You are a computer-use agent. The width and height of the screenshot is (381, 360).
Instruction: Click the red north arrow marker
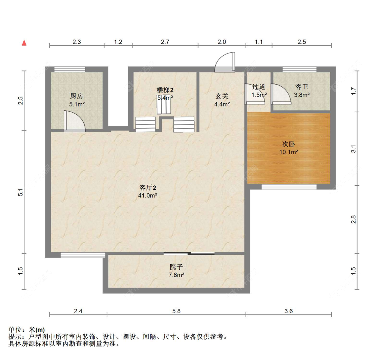point(24,43)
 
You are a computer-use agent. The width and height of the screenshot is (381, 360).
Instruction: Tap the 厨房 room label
point(77,96)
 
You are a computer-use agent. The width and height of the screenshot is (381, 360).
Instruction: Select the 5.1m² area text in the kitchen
point(77,104)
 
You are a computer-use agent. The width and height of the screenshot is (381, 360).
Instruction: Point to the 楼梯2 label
point(165,90)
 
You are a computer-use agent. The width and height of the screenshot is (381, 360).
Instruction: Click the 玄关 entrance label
point(222,96)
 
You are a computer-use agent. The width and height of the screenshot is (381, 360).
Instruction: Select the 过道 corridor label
point(259,87)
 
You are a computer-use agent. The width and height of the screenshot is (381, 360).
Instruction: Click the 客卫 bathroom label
point(301,87)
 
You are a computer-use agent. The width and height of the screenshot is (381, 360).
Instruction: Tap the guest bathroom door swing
point(280,94)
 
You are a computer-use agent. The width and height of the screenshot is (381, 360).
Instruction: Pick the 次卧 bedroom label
point(289,143)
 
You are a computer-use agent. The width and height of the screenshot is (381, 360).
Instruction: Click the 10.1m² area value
point(289,152)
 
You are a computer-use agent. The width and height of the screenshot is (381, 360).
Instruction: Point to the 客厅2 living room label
point(148,187)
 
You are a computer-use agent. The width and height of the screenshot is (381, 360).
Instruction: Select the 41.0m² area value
point(148,196)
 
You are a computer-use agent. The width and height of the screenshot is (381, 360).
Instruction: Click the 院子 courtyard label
point(176,267)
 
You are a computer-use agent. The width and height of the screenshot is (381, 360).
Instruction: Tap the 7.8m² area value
point(176,275)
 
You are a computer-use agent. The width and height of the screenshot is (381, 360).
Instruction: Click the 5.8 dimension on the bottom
point(176,311)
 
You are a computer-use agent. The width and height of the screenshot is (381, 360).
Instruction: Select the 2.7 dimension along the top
point(165,42)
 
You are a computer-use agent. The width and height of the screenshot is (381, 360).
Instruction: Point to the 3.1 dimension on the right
point(353,149)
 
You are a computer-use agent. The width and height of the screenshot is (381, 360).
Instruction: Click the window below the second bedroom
point(289,187)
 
